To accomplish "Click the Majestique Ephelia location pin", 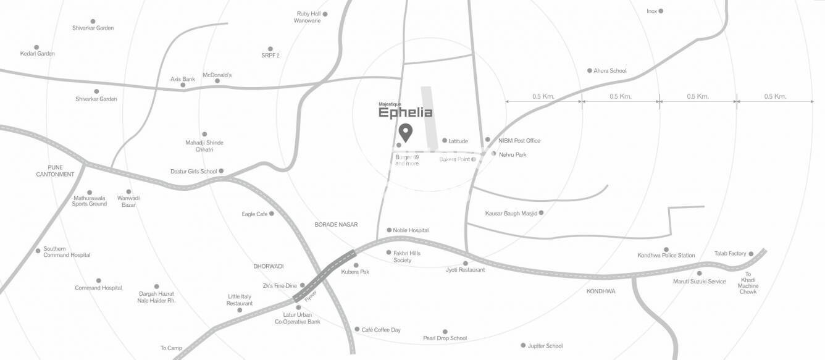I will [405, 132].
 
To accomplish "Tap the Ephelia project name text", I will [405, 113].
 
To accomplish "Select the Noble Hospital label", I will [411, 230].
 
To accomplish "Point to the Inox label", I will [651, 11].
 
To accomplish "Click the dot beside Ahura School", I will [589, 70].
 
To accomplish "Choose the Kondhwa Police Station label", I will [666, 255].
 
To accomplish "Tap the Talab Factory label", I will [730, 253].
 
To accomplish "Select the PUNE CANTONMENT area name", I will [56, 170].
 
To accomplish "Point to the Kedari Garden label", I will [38, 54].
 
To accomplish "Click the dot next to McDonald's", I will [217, 81].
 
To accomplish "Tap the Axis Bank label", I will [183, 79].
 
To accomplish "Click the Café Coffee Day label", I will [381, 330].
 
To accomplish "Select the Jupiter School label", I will [545, 346].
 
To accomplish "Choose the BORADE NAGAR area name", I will [336, 225].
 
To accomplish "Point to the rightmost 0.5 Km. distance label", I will [775, 96].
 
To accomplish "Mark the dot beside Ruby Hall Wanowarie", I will [325, 14].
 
